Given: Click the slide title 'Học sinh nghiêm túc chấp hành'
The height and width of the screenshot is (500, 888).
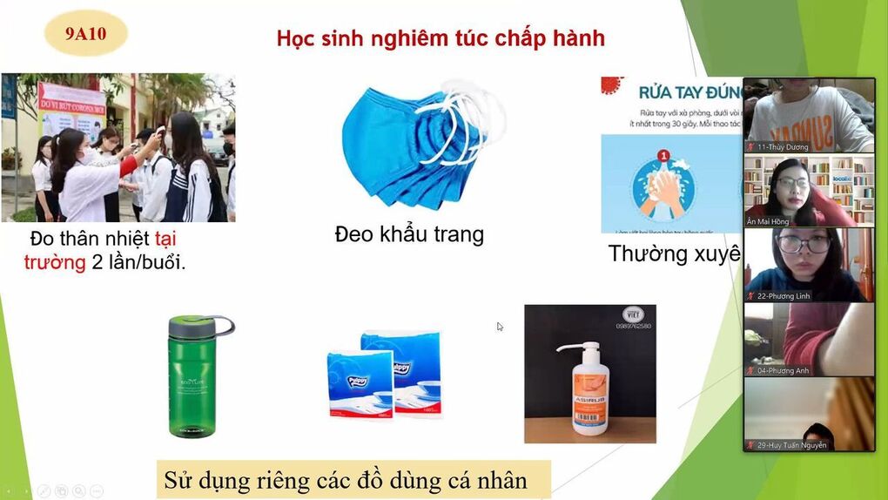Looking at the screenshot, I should [441, 38].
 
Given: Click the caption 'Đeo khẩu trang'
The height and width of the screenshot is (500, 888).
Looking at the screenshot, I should [409, 234].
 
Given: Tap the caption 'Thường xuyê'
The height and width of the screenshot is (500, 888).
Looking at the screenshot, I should [675, 253].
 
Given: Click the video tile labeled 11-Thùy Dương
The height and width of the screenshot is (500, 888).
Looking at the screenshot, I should [809, 115].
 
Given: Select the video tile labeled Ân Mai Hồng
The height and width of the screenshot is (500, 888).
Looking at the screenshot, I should [809, 191].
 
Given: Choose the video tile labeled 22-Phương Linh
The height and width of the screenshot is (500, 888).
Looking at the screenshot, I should [809, 265].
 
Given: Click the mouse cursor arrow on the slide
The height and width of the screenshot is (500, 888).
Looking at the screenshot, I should [500, 327].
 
